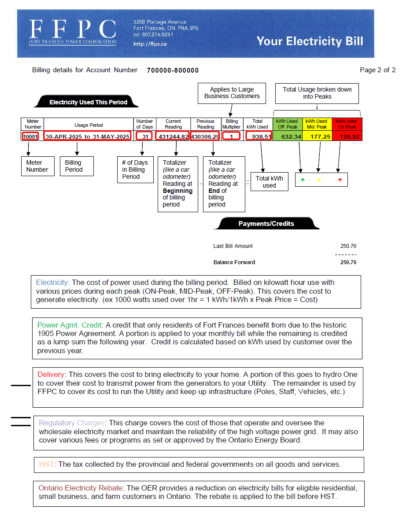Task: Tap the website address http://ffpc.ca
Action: click(150, 44)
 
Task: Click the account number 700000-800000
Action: click(173, 70)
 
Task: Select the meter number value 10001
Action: click(31, 136)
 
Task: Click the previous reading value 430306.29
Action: click(205, 136)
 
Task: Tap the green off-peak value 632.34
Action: click(291, 136)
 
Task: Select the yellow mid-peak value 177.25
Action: click(320, 136)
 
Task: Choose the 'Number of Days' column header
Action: click(144, 124)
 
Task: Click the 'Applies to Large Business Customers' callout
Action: click(232, 93)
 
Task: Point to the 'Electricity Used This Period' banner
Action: click(88, 102)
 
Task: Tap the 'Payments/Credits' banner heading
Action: click(266, 224)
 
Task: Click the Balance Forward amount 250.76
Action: click(348, 262)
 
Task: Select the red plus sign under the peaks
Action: click(340, 180)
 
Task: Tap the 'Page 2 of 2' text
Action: click(377, 70)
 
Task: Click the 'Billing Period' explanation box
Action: click(77, 166)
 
